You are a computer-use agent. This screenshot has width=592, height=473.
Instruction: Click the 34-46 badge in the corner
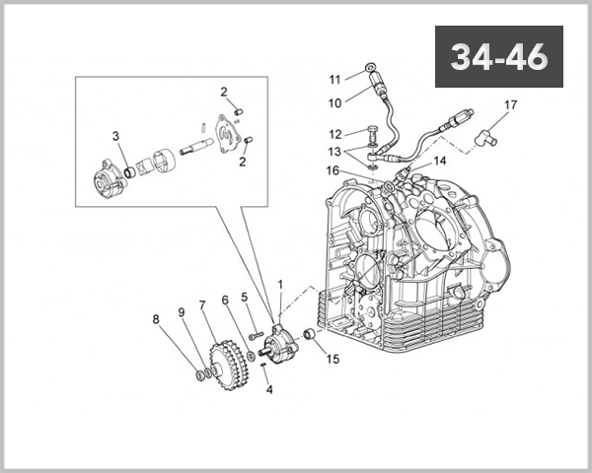(x=499, y=58)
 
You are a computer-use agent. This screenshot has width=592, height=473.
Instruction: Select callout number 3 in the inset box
(x=115, y=136)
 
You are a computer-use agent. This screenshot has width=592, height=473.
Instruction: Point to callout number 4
(x=268, y=390)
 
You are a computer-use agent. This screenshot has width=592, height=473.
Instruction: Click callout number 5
(x=245, y=297)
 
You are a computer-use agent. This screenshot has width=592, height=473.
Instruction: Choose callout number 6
(x=225, y=301)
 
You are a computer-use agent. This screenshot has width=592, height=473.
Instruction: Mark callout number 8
(x=155, y=318)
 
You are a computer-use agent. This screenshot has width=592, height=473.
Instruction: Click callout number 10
(x=334, y=102)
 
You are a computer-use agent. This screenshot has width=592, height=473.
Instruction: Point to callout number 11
(x=334, y=79)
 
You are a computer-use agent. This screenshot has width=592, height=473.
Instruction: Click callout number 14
(x=439, y=160)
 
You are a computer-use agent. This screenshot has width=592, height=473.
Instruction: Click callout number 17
(x=510, y=104)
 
